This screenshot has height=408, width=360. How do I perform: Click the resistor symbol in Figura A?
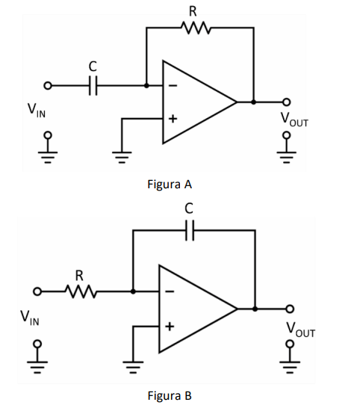[x=196, y=28]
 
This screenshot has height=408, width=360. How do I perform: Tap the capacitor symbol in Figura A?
[x=93, y=86]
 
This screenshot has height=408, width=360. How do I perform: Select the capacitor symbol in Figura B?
[x=190, y=230]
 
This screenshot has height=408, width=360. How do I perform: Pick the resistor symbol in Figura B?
[x=81, y=291]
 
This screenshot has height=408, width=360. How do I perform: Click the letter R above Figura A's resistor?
[x=193, y=12]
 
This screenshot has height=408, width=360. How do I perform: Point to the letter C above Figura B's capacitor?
[x=189, y=208]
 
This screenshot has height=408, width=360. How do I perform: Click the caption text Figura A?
[x=170, y=185]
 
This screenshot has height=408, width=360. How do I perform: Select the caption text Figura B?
[x=170, y=396]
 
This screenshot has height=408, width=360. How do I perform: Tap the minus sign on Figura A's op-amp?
[x=173, y=85]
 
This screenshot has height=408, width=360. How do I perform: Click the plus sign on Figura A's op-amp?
[x=173, y=119]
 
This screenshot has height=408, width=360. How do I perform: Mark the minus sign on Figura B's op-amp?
[x=170, y=291]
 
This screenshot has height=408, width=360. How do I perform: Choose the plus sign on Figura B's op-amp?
[x=170, y=326]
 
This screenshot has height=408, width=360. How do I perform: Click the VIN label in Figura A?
[x=37, y=111]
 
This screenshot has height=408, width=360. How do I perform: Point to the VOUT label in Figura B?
[x=300, y=330]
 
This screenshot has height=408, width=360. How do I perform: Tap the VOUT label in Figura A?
[x=294, y=120]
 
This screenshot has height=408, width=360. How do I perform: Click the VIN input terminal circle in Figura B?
[x=37, y=291]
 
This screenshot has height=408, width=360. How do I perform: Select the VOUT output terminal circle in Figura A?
[x=286, y=102]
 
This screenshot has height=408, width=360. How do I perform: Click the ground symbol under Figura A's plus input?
[x=122, y=157]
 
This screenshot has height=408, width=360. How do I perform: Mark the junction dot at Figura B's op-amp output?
[x=255, y=309]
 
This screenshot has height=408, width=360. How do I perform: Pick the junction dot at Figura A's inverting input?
[x=146, y=85]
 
